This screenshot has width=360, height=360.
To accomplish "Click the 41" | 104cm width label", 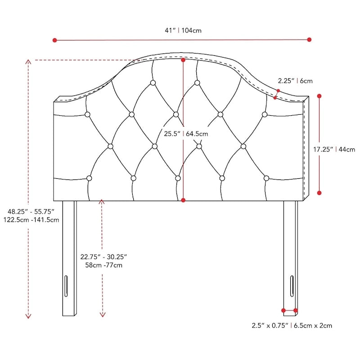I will (x=183, y=31).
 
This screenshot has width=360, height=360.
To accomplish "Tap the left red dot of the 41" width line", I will (x=55, y=40).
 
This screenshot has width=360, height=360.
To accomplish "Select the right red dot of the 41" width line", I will (x=309, y=40).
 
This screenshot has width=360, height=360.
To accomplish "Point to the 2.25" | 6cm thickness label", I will (x=295, y=81).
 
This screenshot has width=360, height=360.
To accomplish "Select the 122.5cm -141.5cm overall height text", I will (x=30, y=220).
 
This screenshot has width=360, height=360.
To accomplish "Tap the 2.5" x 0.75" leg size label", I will (x=292, y=325).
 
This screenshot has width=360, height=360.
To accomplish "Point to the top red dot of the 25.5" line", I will (x=183, y=59).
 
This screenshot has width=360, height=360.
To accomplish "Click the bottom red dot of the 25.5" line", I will (x=183, y=200).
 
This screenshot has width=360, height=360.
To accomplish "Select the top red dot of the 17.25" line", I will (x=319, y=96).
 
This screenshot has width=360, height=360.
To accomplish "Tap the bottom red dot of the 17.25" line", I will (x=319, y=193).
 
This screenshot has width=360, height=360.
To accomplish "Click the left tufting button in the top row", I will (x=153, y=83).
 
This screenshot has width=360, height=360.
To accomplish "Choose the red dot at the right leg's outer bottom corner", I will (x=296, y=310).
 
